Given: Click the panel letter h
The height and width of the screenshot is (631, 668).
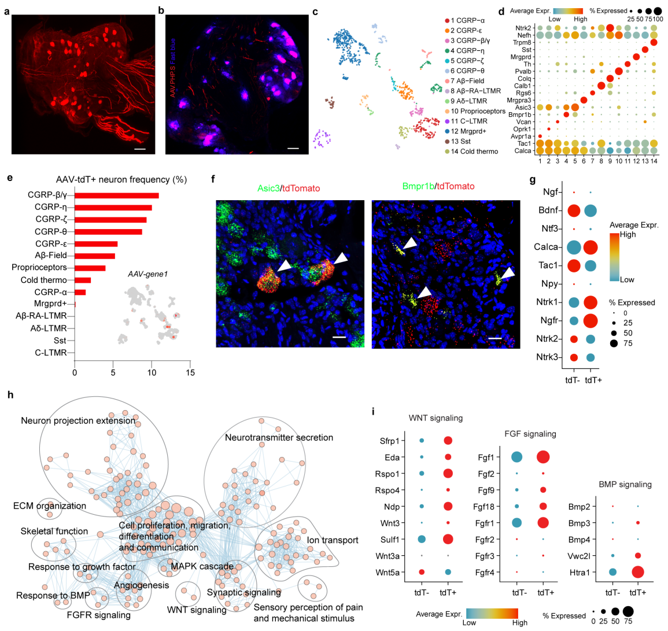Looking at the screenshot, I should click(x=10, y=395).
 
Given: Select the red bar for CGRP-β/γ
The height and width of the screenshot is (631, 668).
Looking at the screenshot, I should click(x=116, y=195).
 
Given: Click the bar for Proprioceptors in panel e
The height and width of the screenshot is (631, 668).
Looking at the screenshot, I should click(x=90, y=268).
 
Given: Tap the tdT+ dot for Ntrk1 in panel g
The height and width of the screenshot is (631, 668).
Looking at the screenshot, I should click(x=592, y=302).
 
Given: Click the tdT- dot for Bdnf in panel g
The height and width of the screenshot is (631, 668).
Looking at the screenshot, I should click(x=574, y=211).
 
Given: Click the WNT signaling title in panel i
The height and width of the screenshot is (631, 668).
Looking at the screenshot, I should click(x=436, y=418).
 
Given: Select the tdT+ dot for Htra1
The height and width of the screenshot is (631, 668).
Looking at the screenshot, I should click(x=637, y=573).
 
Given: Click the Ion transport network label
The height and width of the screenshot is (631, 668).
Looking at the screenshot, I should click(x=333, y=540).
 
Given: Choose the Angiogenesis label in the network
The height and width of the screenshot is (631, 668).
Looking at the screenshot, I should click(x=141, y=585).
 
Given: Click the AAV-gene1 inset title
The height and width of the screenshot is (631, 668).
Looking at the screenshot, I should click(x=147, y=274).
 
